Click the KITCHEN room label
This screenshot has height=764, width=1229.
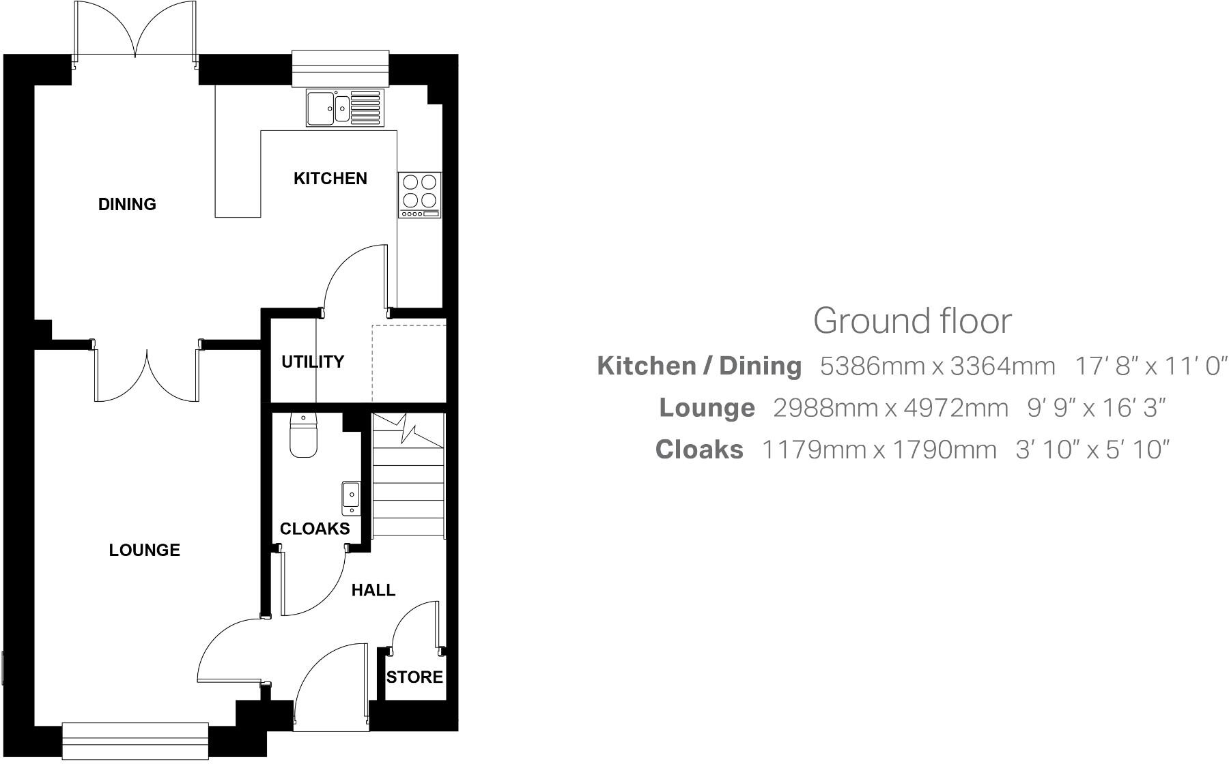330,179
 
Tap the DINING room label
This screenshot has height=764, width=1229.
127,204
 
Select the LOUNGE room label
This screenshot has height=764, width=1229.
144,550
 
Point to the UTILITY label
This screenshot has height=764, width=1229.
313,362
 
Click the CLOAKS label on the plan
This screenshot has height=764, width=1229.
315,529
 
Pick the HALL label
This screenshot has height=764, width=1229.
373,590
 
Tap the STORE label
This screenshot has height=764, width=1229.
414,677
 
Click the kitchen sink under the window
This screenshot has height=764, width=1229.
344,108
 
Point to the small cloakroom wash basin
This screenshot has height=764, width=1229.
351,497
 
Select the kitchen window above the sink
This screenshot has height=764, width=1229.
340,68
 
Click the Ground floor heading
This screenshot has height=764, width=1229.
912,321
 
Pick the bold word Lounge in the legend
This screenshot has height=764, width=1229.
707,408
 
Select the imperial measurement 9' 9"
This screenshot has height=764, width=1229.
1047,408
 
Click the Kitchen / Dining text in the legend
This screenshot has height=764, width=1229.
699,366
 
